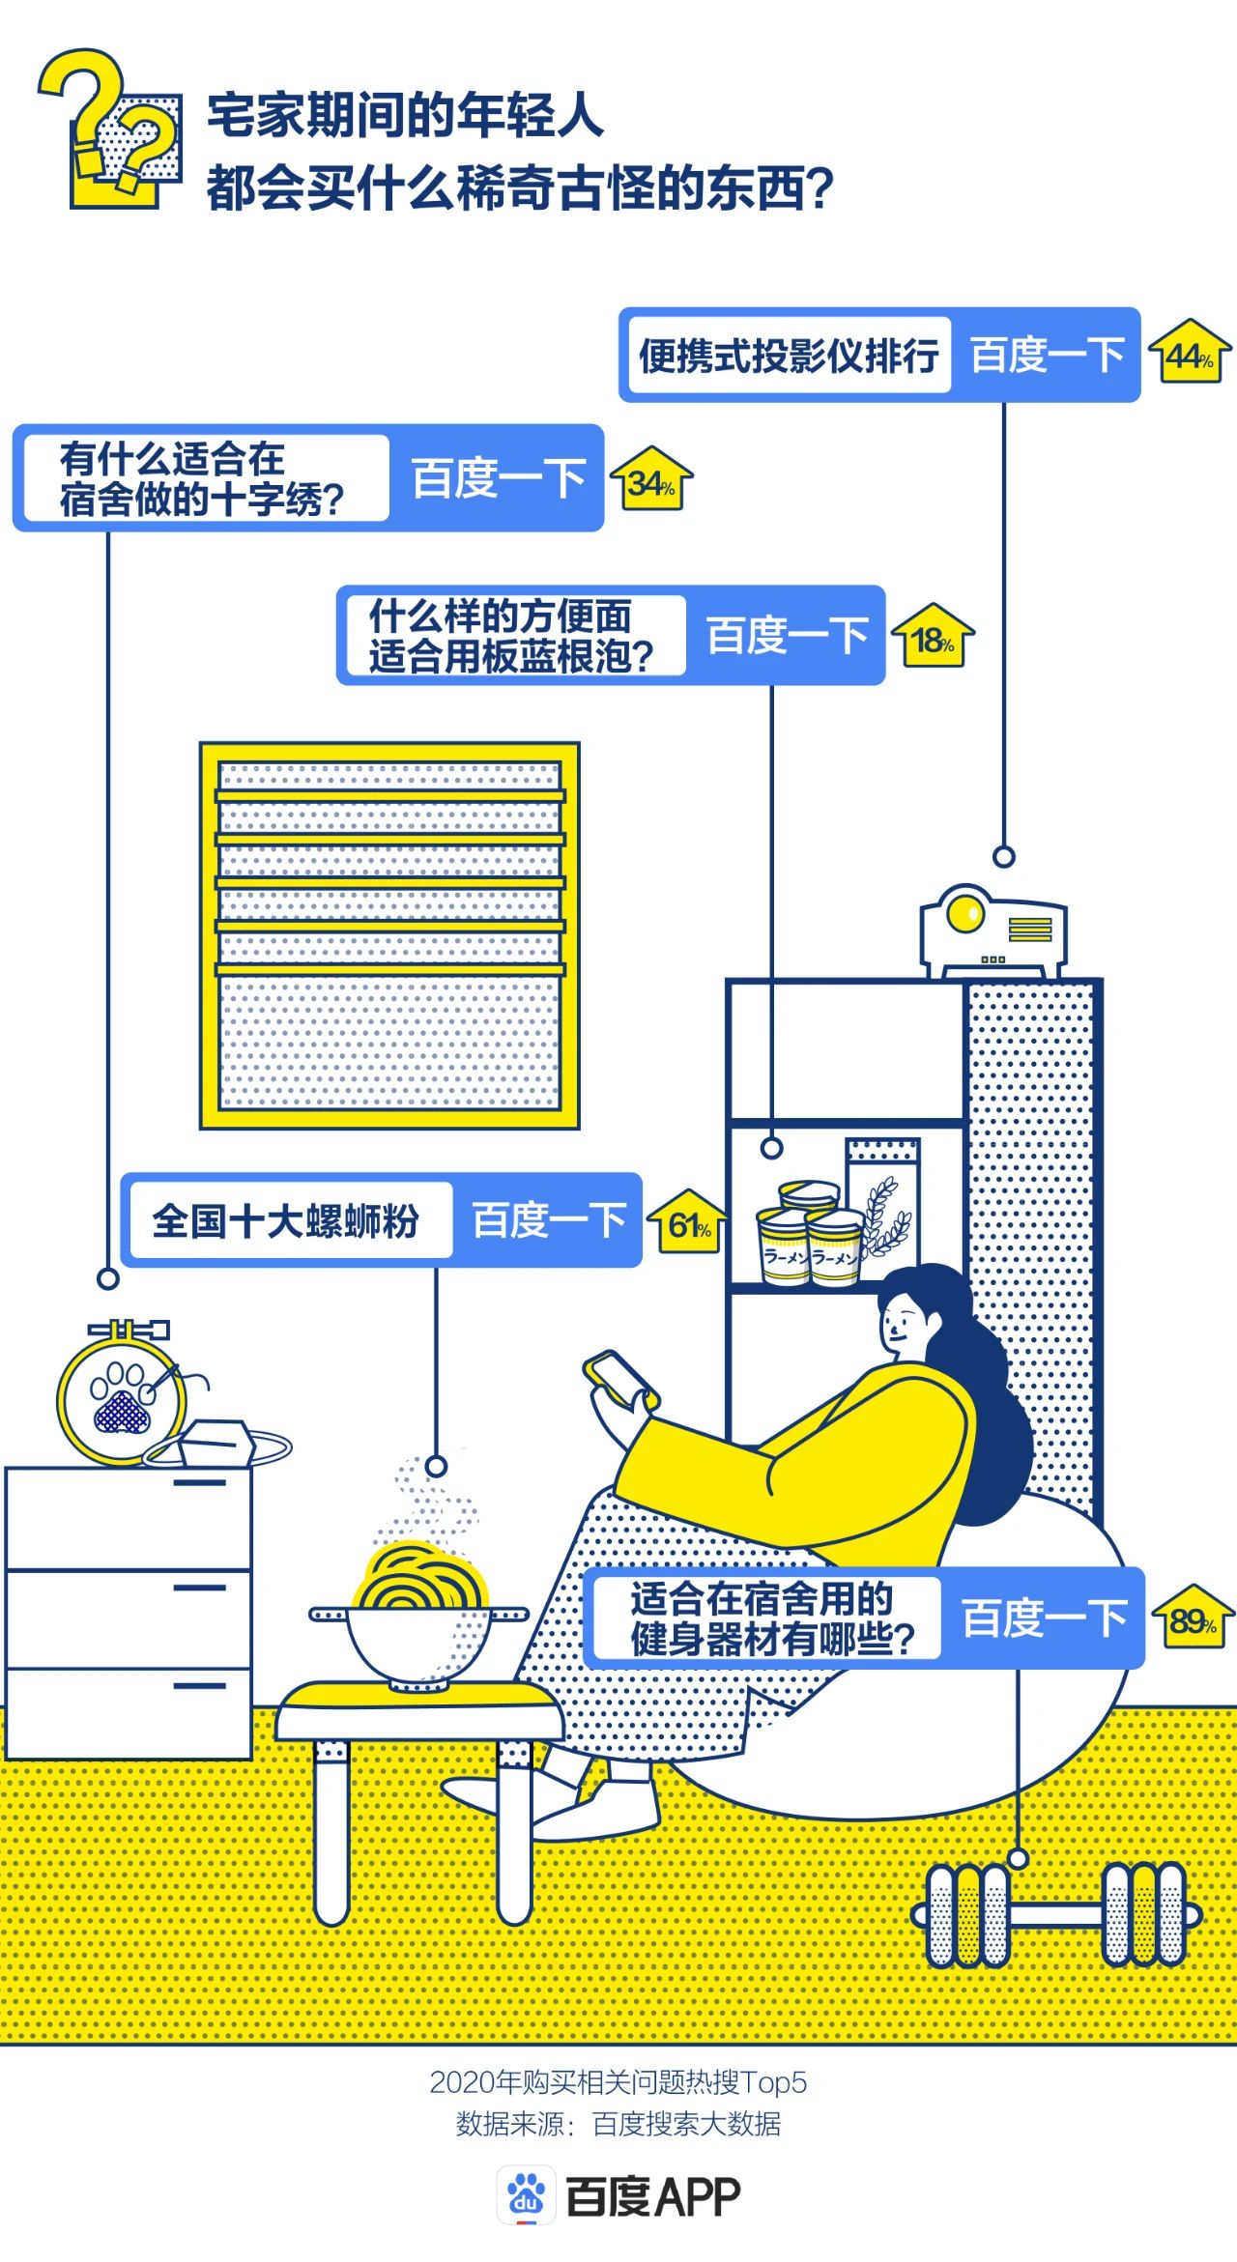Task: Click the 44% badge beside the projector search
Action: (1190, 355)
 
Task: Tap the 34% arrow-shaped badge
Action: (651, 481)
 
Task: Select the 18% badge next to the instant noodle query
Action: (933, 639)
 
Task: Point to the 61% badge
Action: (688, 1225)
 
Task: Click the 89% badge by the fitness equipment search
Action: (1193, 1619)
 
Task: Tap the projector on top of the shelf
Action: (993, 931)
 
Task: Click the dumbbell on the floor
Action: (1056, 1914)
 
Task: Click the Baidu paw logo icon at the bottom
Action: (526, 2196)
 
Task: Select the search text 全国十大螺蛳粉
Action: (286, 1220)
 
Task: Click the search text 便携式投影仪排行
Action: (788, 356)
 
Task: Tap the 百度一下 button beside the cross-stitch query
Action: (498, 478)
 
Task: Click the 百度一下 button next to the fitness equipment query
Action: (1044, 1618)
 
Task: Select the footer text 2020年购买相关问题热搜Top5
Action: (618, 2080)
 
